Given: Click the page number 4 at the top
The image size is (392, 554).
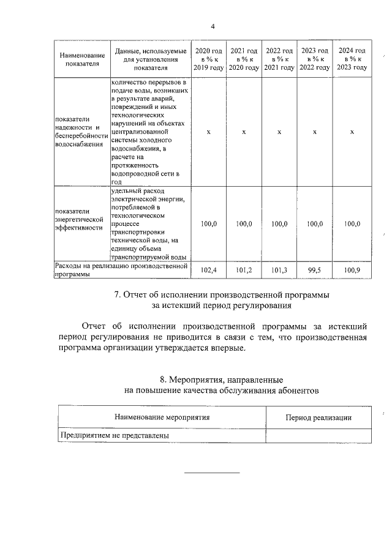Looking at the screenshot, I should [x=213, y=26].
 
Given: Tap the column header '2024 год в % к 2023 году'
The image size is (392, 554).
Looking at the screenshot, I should [x=352, y=59].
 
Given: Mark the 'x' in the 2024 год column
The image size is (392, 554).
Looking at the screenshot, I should [x=352, y=132].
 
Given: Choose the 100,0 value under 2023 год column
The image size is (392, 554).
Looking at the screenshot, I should [x=314, y=224].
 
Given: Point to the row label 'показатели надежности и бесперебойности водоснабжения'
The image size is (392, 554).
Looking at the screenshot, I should [x=81, y=132].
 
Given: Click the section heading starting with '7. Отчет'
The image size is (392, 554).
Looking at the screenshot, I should [x=222, y=294].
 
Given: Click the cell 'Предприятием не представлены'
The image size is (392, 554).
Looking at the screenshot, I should [x=114, y=435].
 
